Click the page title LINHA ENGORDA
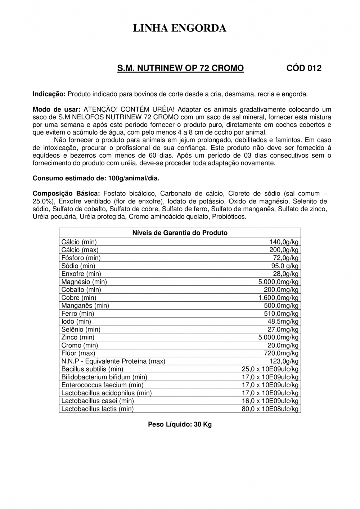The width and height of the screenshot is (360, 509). (x=180, y=28)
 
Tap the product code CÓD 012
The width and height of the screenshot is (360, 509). (x=303, y=68)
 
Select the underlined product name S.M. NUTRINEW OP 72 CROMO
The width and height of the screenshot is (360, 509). (x=180, y=68)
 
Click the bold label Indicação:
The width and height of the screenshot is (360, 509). (x=49, y=94)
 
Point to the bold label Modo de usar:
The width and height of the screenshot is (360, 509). (x=56, y=109)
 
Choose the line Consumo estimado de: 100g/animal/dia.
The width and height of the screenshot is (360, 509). (x=96, y=178)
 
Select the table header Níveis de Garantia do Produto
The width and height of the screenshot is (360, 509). (x=180, y=233)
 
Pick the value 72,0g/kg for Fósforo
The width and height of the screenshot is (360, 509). (x=286, y=258)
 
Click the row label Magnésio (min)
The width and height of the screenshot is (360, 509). (x=84, y=281)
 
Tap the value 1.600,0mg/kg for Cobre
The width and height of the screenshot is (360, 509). (x=278, y=298)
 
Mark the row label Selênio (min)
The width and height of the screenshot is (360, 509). (x=81, y=329)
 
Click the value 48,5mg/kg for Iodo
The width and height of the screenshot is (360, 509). (x=283, y=321)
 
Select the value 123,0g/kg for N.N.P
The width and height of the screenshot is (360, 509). (x=284, y=361)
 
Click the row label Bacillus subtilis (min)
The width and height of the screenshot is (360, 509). (x=92, y=369)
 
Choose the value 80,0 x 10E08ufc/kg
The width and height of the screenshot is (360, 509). (x=270, y=409)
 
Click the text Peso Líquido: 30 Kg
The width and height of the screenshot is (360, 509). (x=180, y=424)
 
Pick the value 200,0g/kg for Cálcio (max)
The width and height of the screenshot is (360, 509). (x=284, y=250)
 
